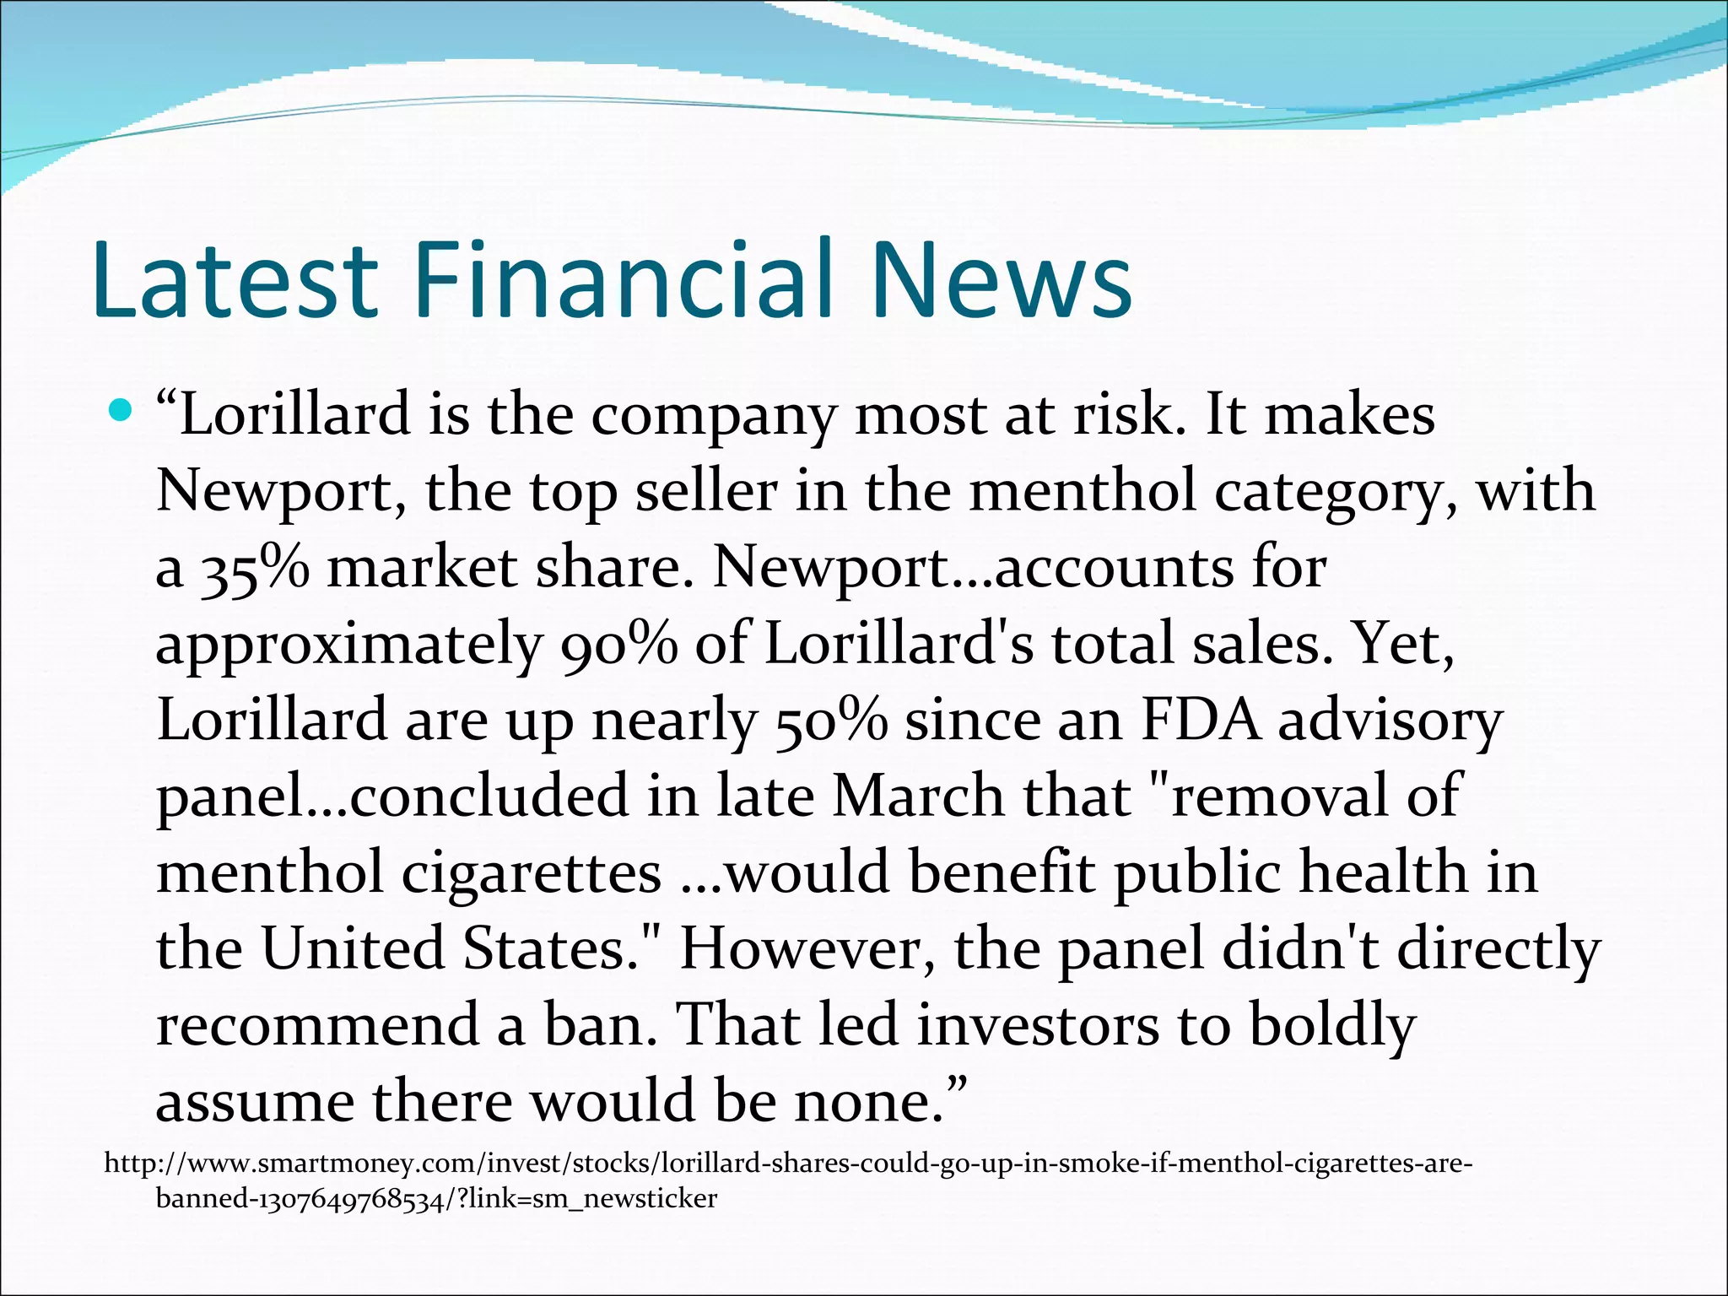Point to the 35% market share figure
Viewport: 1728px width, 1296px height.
tap(254, 569)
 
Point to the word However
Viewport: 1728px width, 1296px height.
tap(807, 948)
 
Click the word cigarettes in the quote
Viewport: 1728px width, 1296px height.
tap(532, 872)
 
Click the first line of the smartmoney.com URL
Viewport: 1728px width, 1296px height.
tap(788, 1164)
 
